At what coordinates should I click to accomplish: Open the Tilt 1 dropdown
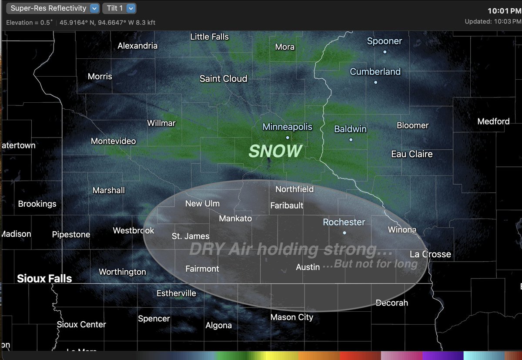119,8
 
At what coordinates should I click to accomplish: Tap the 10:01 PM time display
504,11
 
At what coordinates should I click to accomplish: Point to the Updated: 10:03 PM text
492,21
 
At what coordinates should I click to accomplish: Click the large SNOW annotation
275,151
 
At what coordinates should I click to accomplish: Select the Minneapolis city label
287,127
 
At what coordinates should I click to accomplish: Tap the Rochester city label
344,222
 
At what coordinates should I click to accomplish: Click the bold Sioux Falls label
44,279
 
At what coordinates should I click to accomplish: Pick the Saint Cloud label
223,79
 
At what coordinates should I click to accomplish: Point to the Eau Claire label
412,154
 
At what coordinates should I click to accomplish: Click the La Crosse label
430,254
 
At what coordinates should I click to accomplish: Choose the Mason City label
291,317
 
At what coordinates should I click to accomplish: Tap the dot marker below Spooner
385,52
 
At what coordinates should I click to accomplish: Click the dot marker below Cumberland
375,82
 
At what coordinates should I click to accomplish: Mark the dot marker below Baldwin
351,140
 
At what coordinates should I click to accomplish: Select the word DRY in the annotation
207,249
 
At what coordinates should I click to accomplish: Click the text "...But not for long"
375,264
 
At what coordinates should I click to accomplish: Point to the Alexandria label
137,46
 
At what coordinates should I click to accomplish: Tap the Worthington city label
122,272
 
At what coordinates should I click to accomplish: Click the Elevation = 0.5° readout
30,22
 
